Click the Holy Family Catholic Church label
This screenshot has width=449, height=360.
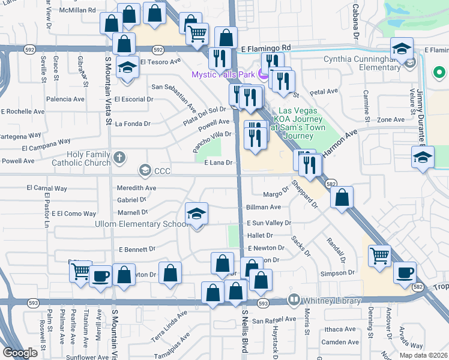[89, 158]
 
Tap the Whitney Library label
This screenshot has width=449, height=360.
[333, 301]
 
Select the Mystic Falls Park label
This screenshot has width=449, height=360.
[223, 75]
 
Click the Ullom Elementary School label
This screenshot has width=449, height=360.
[142, 224]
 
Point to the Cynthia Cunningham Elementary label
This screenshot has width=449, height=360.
[363, 64]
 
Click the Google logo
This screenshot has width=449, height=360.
[20, 353]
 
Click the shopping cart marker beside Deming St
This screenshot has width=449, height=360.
[380, 255]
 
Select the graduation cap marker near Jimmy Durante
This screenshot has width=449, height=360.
[423, 157]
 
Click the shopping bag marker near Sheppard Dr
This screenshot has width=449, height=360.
[342, 197]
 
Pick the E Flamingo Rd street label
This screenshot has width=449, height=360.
[265, 47]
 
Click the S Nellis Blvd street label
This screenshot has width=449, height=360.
[245, 331]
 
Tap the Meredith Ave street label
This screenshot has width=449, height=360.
[137, 188]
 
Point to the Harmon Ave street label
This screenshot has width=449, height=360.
[340, 144]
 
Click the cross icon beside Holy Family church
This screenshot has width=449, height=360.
[119, 158]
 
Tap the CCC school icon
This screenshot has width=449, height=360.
[145, 171]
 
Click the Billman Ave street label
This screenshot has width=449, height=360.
[264, 207]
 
